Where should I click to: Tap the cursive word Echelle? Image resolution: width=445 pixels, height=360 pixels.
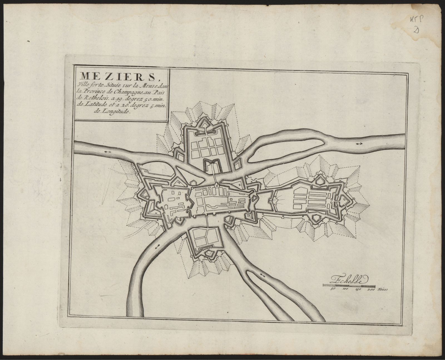(349, 280)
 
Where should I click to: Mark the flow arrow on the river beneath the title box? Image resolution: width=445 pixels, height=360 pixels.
(108, 152)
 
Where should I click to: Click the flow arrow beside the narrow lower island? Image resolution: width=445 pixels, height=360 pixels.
(262, 275)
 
